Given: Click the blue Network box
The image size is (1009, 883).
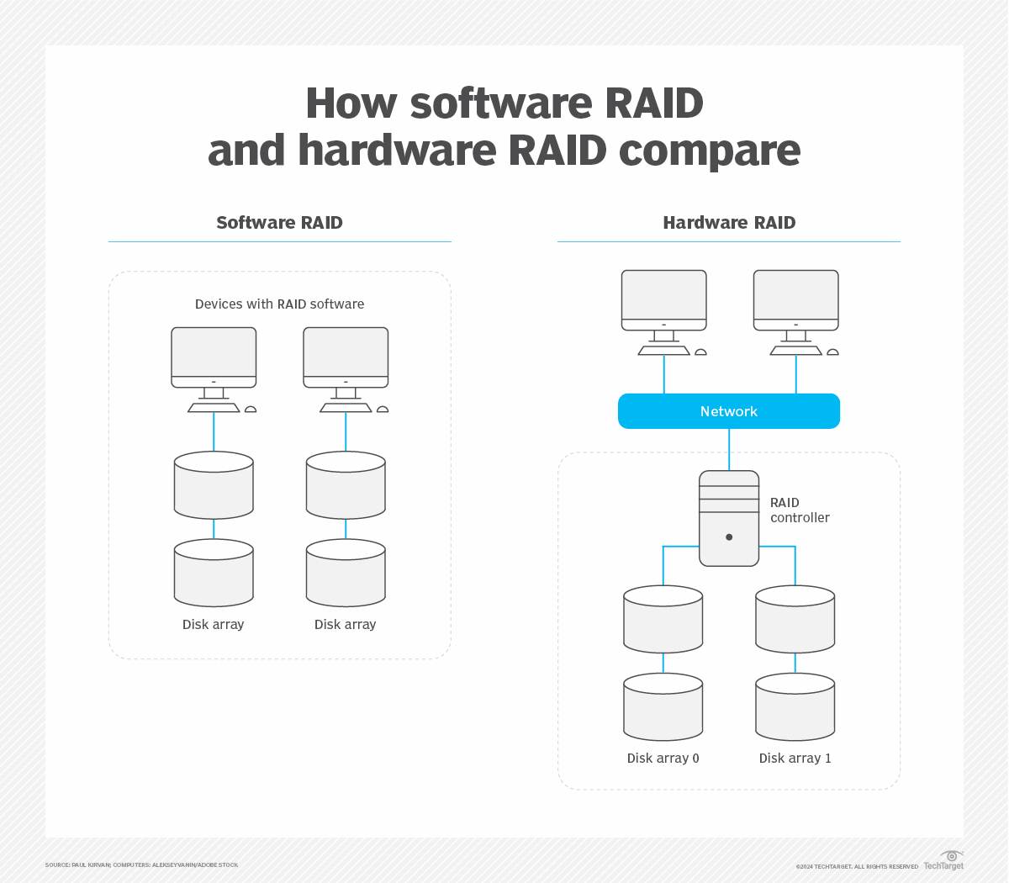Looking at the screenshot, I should tap(728, 411).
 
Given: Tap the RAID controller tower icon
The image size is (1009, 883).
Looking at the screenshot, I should tap(729, 518).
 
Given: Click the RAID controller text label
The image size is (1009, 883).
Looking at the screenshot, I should tap(799, 510).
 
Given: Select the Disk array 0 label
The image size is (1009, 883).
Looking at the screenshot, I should tap(663, 759).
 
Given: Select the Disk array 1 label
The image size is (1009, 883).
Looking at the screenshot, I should tap(795, 759).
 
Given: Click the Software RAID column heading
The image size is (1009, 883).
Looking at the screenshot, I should tap(279, 223).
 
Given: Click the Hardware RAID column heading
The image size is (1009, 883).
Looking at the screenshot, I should tap(729, 223).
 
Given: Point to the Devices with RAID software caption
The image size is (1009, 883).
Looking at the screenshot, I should tap(279, 304).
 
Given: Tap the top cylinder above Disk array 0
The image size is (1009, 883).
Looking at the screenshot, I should tap(663, 619).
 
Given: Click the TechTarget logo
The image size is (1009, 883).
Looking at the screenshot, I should tap(944, 861).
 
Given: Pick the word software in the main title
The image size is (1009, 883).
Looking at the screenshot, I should tap(501, 103).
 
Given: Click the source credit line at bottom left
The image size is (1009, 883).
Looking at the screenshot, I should tap(141, 865).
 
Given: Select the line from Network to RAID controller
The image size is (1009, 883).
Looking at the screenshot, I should tap(729, 449).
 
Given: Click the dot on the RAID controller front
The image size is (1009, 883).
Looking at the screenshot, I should tap(729, 537).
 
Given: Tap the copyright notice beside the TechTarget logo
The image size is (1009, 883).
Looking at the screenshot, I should tap(856, 867).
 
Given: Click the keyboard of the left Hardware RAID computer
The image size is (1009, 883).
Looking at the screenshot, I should tap(663, 351).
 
